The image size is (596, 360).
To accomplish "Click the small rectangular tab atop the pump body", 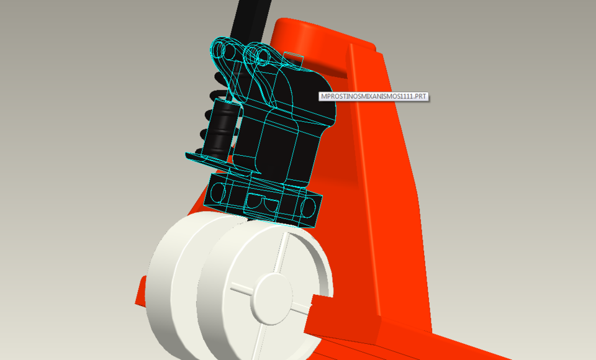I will pyautogui.click(x=293, y=60).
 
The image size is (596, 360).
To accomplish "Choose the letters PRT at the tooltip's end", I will pyautogui.click(x=419, y=96).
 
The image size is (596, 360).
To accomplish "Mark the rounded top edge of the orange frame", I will pyautogui.click(x=310, y=28).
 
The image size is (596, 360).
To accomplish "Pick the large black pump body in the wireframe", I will pyautogui.click(x=292, y=124).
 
